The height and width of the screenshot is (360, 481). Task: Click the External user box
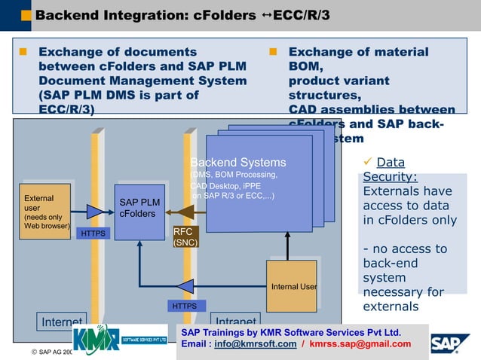point(44,212)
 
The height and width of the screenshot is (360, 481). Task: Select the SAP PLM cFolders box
point(139,212)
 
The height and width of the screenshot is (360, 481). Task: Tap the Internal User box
point(292,285)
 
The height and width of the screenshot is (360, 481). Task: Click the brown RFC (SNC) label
point(185,237)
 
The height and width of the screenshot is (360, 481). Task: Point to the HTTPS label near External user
point(94,234)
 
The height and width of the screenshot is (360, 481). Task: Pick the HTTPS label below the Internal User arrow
point(185,306)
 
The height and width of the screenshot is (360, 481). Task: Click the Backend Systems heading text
point(238,163)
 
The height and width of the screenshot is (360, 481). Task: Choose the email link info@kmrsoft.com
point(255,344)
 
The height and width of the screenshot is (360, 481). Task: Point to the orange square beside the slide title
point(26,15)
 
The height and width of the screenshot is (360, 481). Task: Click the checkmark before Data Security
point(368,162)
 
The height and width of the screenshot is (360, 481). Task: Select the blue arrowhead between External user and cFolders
point(94,212)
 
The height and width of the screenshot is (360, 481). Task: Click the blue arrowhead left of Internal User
point(185,286)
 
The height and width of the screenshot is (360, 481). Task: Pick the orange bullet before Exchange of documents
point(23,53)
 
